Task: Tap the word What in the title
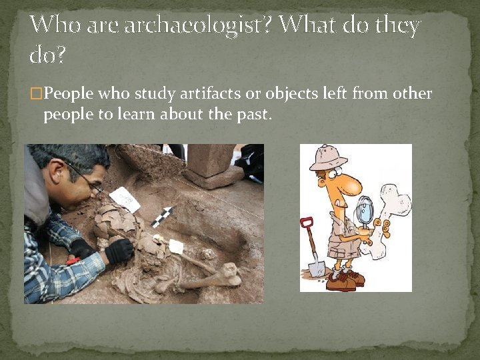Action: click(x=310, y=25)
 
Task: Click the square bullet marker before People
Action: click(x=37, y=93)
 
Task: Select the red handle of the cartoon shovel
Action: click(x=307, y=223)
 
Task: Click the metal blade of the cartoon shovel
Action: click(x=317, y=267)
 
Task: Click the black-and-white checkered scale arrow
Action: click(x=162, y=217)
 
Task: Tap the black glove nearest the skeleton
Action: click(x=120, y=251)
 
